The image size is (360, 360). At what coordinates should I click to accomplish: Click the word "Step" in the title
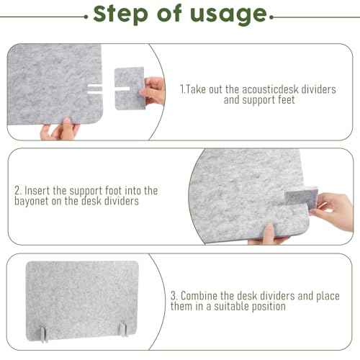(120, 14)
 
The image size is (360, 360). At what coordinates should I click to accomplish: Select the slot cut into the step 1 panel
(100, 92)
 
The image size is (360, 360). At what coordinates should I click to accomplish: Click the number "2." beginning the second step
(18, 191)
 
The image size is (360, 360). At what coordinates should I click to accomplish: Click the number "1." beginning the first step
(183, 89)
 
